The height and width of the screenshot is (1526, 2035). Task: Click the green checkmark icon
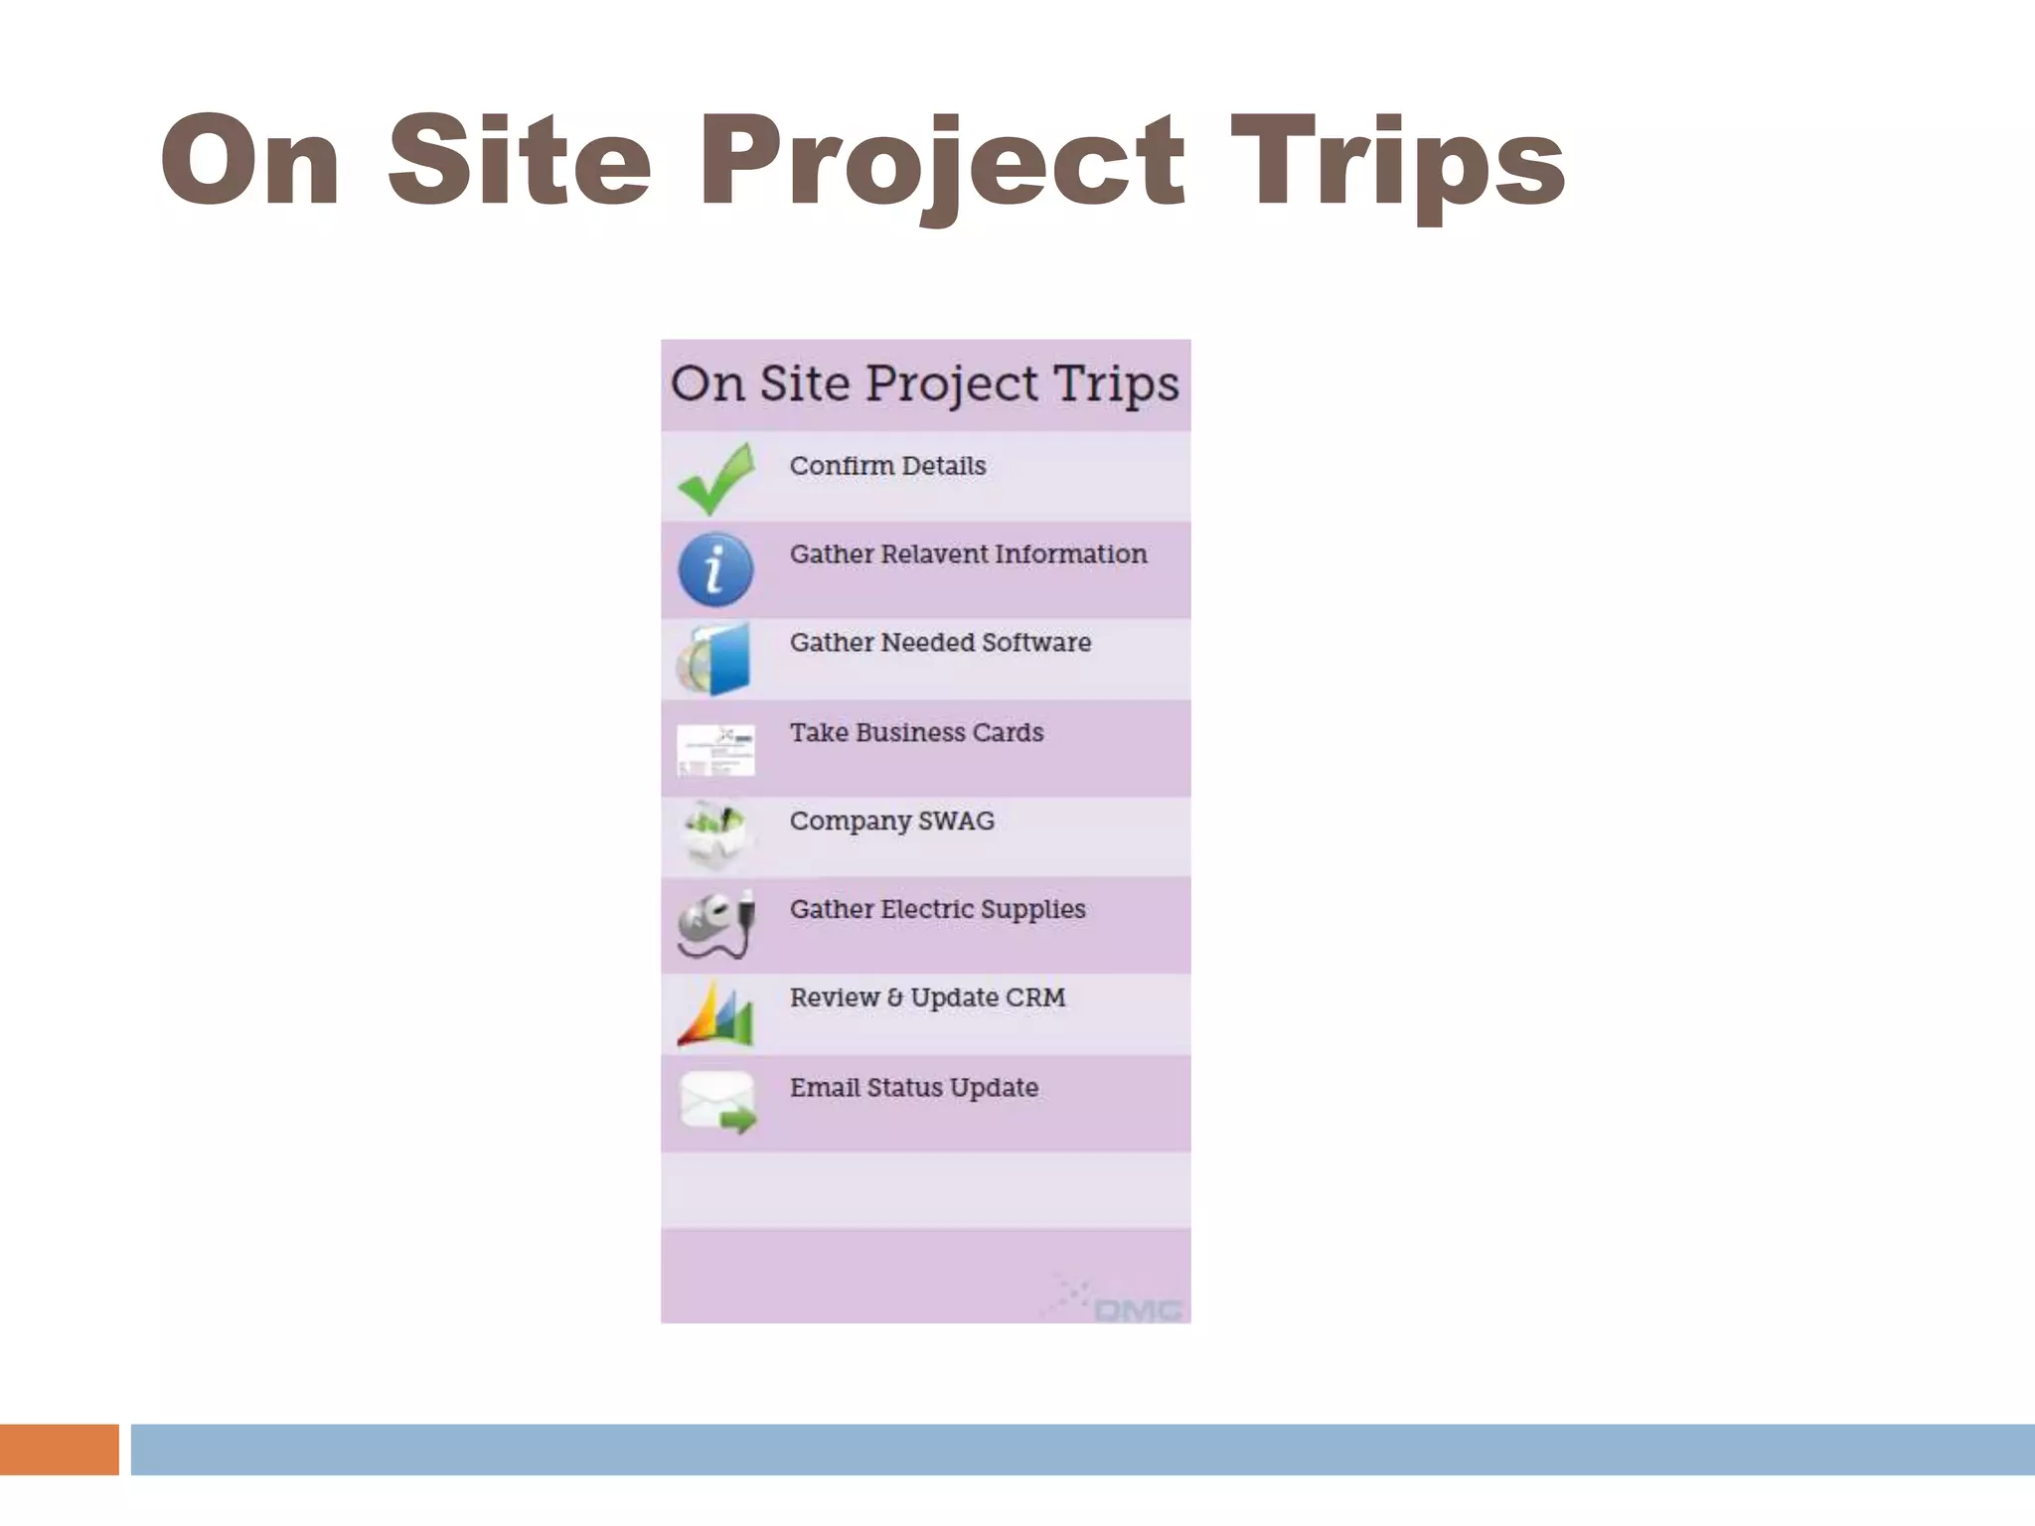715,479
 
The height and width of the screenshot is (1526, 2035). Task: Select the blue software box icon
715,659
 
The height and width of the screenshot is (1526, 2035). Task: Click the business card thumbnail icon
715,749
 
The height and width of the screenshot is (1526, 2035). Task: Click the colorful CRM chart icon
715,1014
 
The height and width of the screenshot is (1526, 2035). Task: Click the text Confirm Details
887,466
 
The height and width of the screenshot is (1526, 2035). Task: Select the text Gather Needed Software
940,643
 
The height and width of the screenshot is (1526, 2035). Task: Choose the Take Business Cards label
916,733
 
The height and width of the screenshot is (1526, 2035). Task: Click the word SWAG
956,822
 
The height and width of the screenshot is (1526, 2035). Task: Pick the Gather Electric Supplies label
937,910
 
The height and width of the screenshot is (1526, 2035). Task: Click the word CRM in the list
1034,997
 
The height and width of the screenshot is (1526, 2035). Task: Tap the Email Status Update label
914,1088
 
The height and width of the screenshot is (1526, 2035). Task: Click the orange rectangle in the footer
59,1450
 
